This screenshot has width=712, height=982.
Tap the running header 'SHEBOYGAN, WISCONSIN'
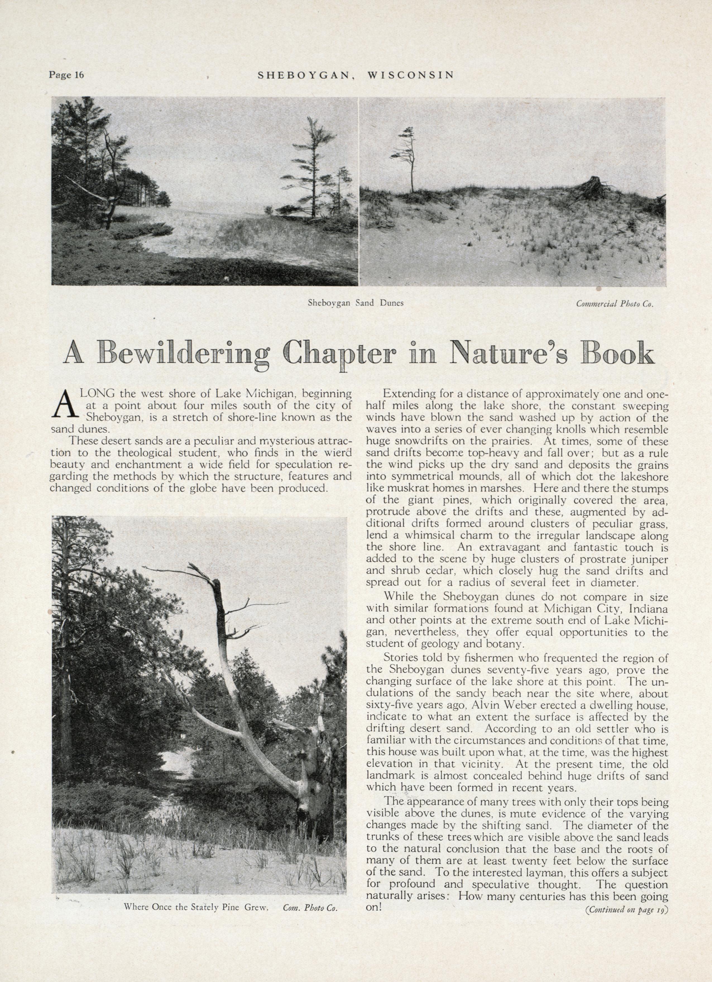tap(356, 75)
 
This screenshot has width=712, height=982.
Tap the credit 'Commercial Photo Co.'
tap(614, 304)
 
